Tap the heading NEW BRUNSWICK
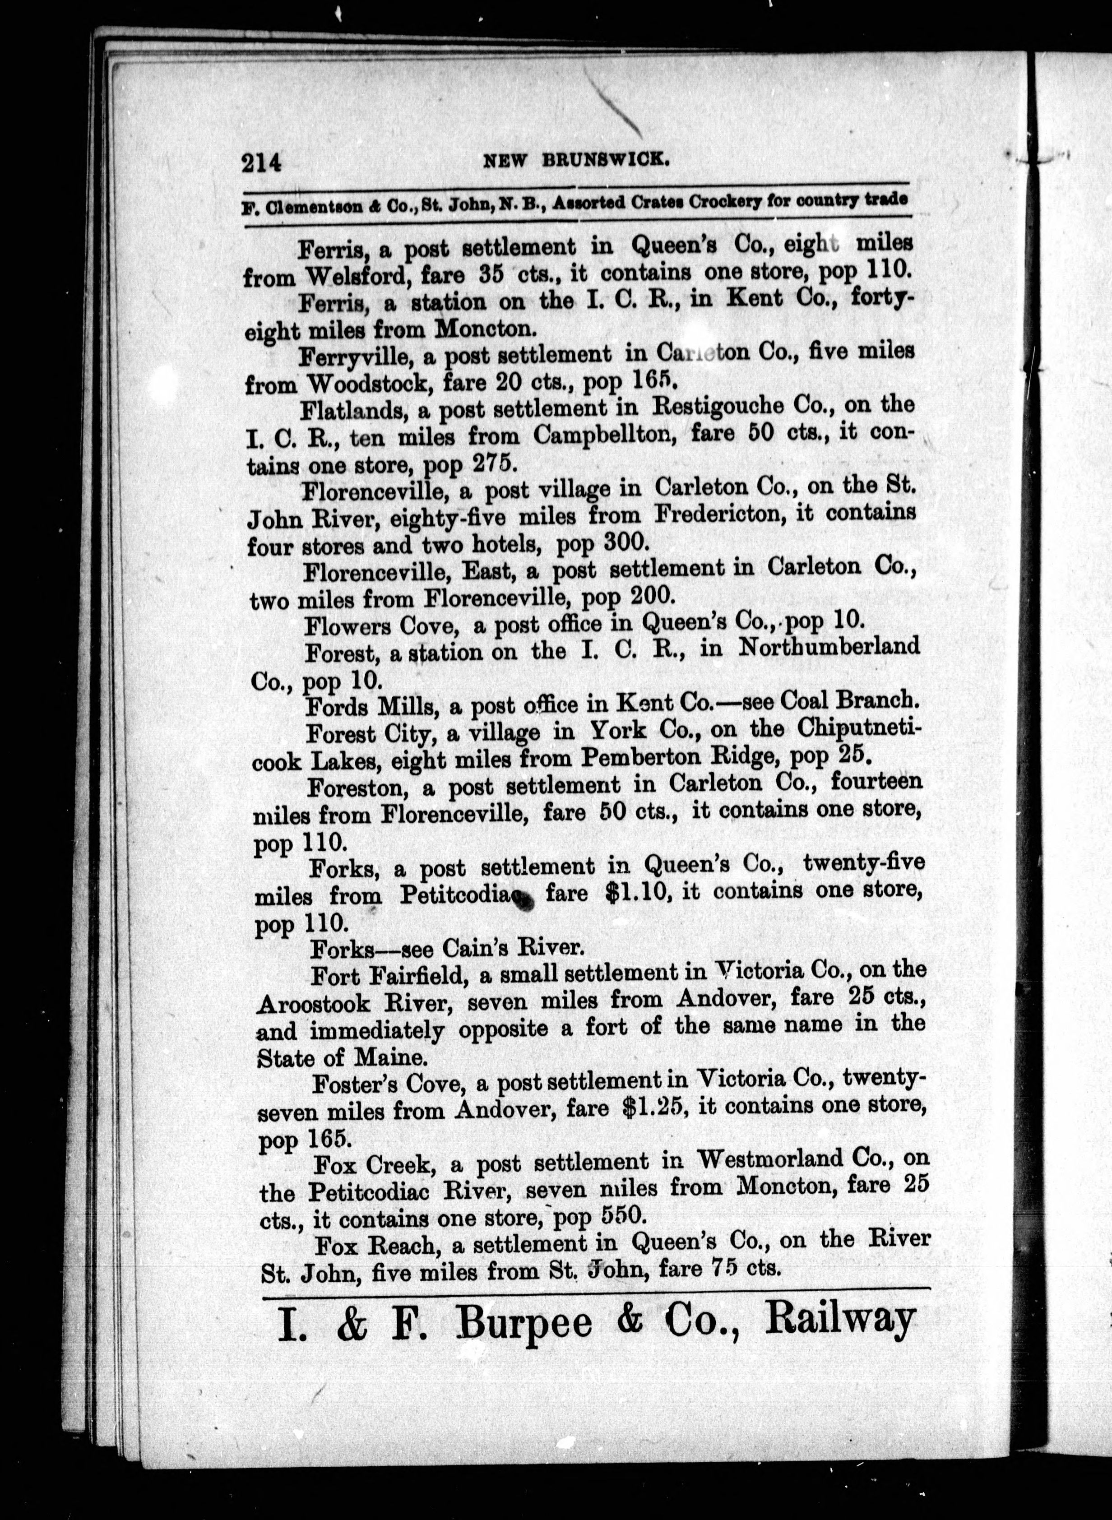coord(576,160)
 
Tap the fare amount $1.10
coord(636,893)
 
